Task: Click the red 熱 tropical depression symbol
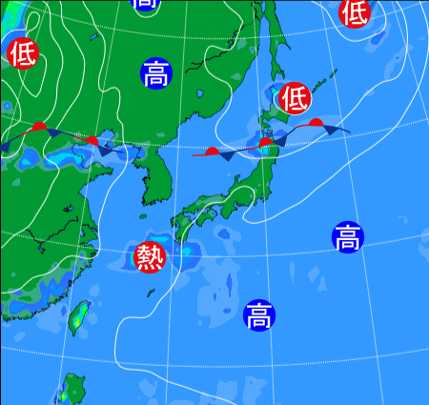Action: (150, 256)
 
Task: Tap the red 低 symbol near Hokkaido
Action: (296, 97)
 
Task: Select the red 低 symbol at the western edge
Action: (21, 52)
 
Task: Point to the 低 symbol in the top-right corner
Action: (354, 11)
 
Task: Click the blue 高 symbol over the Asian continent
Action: (155, 73)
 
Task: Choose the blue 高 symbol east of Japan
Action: (348, 236)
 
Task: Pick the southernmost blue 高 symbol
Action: (258, 314)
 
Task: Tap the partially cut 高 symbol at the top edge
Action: (145, 4)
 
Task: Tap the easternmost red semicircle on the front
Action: (316, 122)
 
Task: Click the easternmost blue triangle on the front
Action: (333, 129)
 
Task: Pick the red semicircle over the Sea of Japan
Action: (212, 150)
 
